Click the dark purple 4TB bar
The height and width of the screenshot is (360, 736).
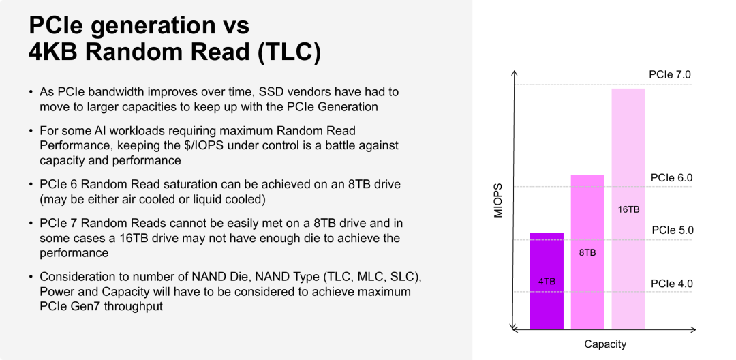click(547, 281)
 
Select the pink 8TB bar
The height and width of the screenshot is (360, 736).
click(587, 252)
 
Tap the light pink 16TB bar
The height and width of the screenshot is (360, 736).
click(628, 209)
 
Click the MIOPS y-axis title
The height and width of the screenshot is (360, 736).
click(498, 200)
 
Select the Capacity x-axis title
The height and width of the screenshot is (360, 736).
click(605, 344)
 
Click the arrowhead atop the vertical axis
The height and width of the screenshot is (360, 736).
click(515, 73)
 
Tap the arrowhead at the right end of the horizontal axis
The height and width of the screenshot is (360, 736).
click(692, 329)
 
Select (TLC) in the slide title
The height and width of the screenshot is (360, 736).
click(289, 52)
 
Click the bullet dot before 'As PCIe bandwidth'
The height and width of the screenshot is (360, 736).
click(31, 92)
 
